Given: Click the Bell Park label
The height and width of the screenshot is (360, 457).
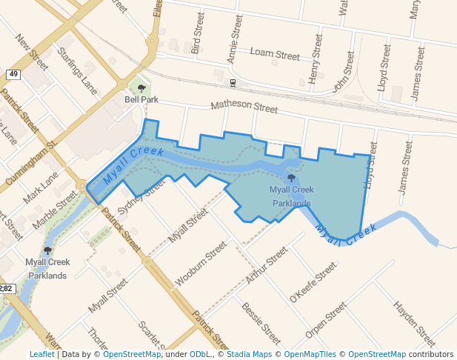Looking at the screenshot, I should pos(141,99).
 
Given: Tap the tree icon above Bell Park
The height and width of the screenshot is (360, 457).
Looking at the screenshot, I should pos(141,88).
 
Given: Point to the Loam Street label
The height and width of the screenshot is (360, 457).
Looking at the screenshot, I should pos(274,54).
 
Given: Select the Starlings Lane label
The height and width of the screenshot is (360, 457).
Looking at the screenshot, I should pos(78,70).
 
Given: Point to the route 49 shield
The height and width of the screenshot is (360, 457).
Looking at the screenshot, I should pos(13,74).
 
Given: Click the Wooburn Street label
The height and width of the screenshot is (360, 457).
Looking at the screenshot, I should pos(200,264).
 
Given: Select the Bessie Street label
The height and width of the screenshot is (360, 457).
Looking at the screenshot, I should pos(261,324).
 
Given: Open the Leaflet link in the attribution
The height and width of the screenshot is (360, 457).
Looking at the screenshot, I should pos(41,355).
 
